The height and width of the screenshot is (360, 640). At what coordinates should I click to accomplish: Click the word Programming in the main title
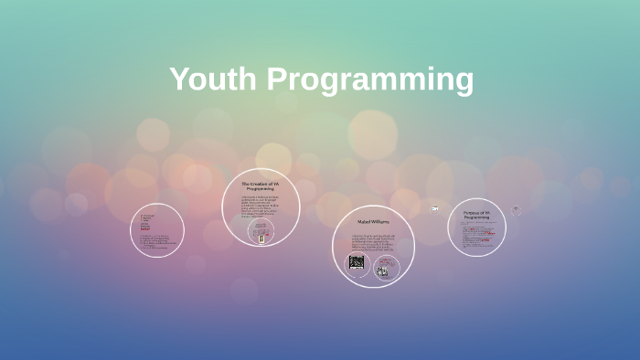[370, 80]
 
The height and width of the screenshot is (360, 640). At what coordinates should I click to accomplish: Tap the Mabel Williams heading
[372, 222]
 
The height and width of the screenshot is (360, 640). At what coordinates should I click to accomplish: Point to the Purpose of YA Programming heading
[476, 215]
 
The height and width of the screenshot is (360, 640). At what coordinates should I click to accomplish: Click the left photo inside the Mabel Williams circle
[357, 262]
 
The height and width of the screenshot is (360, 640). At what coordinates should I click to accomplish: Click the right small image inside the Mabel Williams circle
[383, 269]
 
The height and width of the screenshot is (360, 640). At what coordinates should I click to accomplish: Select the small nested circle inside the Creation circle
[262, 234]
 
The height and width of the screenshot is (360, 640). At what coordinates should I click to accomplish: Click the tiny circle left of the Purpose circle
[435, 209]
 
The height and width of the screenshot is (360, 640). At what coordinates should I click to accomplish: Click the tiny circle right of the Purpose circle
[516, 210]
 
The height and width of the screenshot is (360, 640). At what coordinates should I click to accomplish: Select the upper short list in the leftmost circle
[146, 223]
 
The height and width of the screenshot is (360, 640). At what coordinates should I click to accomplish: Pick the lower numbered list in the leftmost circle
[155, 242]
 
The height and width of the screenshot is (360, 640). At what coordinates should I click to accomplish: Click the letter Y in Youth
[180, 79]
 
